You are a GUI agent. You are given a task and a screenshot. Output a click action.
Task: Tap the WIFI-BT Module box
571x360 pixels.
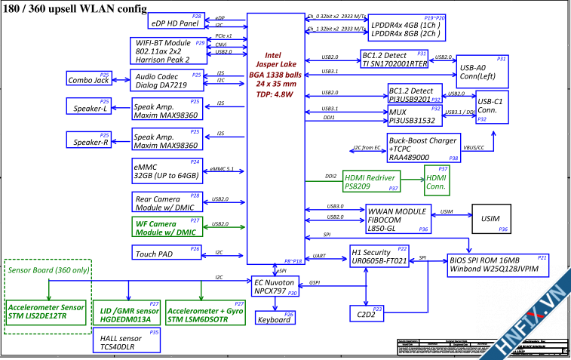coord(168,51)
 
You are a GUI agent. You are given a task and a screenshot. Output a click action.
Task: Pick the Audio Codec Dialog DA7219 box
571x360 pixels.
coord(167,81)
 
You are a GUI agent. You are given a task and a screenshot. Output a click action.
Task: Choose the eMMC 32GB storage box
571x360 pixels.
coord(167,170)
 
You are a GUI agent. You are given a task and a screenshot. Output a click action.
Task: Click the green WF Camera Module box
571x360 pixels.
coord(167,227)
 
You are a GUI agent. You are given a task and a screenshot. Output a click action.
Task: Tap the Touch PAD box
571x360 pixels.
coord(167,254)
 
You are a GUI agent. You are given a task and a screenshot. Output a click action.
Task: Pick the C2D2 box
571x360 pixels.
coord(367,312)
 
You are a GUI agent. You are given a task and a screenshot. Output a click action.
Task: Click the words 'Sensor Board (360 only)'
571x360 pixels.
coord(48,269)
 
